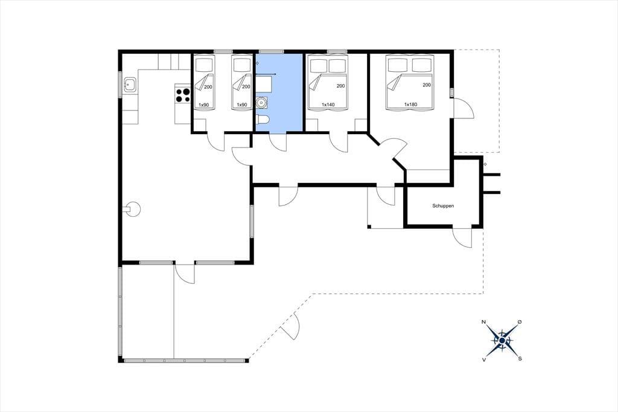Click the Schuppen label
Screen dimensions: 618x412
tap(443, 206)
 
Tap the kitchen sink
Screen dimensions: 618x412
tap(130, 85)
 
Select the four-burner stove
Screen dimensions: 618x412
tap(183, 95)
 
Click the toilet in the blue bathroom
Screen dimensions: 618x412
tap(262, 119)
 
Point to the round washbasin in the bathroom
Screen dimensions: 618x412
tap(261, 103)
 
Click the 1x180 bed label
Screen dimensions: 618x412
tap(410, 105)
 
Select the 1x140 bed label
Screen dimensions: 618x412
tap(328, 105)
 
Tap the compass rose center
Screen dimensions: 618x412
tap(502, 340)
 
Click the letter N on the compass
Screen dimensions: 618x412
tap(483, 322)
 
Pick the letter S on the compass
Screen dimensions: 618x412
tap(520, 359)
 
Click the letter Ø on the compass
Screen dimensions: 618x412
tap(520, 322)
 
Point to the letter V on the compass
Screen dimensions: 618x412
tap(483, 359)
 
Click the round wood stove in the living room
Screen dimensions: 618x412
tap(132, 209)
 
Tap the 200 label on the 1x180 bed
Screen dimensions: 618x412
tap(427, 85)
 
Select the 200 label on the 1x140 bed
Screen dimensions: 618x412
tap(341, 86)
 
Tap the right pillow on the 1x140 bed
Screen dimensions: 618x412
tap(337, 66)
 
